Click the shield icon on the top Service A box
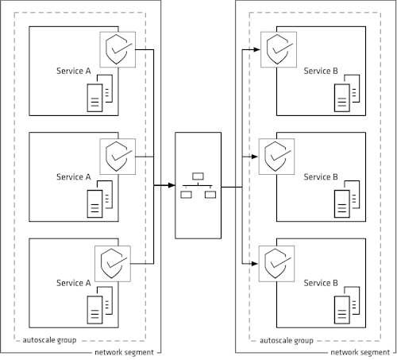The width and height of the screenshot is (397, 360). click(118, 49)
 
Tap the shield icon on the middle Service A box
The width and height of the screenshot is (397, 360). click(118, 155)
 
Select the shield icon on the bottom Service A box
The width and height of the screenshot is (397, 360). click(111, 261)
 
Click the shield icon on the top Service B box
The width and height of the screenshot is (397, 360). click(277, 49)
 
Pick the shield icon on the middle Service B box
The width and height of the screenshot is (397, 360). click(277, 155)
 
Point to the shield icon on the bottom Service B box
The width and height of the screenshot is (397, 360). click(277, 261)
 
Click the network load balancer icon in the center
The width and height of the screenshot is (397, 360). click(197, 186)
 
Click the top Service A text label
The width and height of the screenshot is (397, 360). click(74, 71)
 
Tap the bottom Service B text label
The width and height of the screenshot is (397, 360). click(321, 283)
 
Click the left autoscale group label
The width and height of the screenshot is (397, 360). click(48, 340)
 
